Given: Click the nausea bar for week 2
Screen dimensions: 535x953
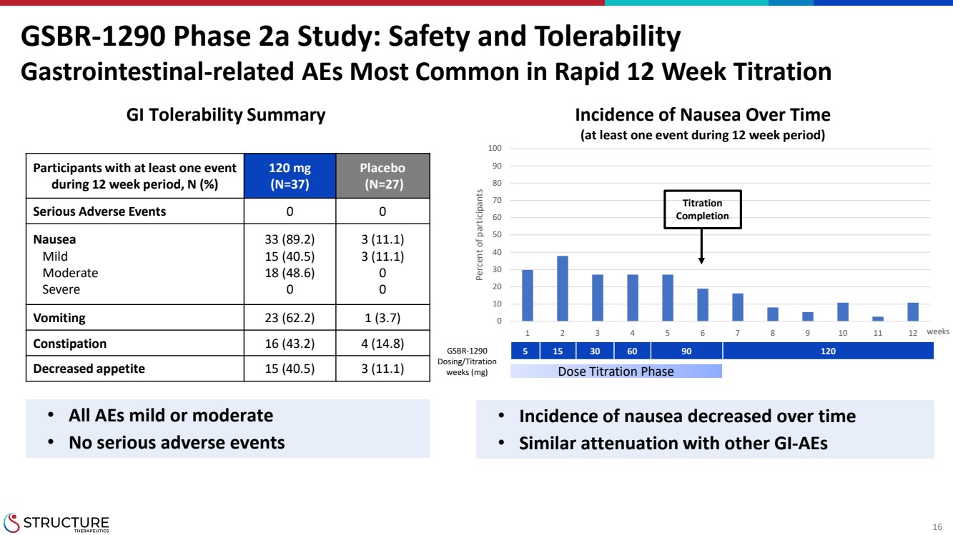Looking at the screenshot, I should click(x=563, y=289).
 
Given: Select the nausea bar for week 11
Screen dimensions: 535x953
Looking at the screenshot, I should click(x=878, y=319).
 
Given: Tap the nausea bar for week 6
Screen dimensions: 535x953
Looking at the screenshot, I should click(x=703, y=305).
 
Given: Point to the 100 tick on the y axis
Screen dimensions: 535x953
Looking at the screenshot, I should click(x=495, y=149).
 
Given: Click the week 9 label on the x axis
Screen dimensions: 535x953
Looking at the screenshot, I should click(x=808, y=333).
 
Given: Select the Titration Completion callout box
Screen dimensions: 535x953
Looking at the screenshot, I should click(x=703, y=209).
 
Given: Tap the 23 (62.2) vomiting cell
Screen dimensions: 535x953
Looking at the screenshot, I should click(x=289, y=318).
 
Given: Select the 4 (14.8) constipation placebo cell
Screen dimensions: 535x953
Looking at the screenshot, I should click(x=382, y=344).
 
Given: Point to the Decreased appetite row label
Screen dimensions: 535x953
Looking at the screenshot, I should click(x=89, y=369).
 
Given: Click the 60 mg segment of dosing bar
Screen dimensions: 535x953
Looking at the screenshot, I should click(x=632, y=351).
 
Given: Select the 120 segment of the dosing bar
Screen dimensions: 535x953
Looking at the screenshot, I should click(x=828, y=351).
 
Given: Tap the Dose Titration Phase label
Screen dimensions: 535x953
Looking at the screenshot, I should click(x=616, y=371).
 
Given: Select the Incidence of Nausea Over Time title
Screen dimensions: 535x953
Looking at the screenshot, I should click(x=703, y=114).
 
